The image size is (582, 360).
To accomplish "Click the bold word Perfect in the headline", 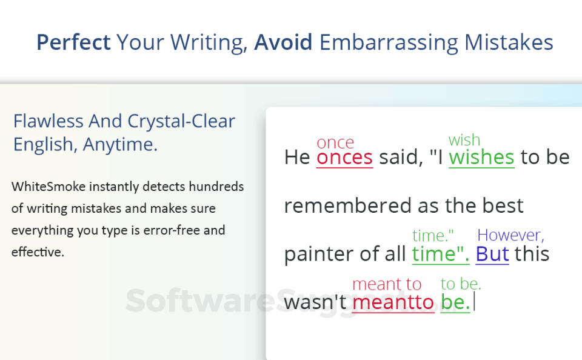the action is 73,42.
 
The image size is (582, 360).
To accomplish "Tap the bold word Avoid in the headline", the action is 283,42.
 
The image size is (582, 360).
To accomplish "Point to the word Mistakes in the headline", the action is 509,42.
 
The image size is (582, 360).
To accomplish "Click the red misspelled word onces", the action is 344,158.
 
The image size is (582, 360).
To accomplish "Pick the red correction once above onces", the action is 335,143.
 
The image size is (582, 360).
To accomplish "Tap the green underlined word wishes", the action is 481,157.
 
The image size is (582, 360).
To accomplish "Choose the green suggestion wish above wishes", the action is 464,140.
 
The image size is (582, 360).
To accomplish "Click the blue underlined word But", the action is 492,254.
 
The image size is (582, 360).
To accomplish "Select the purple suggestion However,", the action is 510,235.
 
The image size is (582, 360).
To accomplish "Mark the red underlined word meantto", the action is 393,302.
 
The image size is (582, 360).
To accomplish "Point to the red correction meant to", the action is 387,284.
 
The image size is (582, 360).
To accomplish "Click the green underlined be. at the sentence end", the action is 455,302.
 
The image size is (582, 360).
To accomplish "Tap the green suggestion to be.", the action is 461,284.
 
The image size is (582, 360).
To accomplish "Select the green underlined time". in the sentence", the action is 441,254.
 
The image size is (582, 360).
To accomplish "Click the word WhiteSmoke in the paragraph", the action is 48,186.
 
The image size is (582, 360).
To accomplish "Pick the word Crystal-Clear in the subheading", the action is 181,122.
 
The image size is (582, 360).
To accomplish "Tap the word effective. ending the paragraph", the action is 38,252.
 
